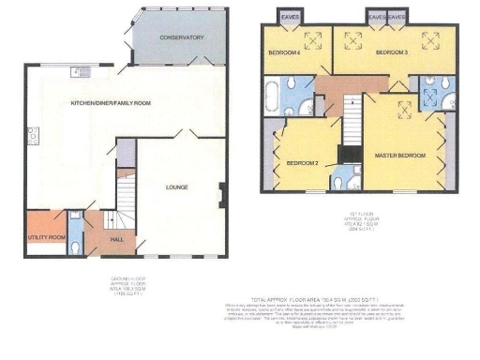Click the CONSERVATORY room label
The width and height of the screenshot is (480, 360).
pos(182,37)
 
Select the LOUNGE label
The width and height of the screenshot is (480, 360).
pos(177,187)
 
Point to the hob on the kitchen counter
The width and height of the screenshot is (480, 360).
pos(33,135)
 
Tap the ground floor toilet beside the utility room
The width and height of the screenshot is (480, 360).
pos(76,243)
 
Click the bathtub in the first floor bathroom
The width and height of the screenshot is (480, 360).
pos(273,96)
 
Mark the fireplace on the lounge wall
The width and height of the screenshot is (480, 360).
pos(221,196)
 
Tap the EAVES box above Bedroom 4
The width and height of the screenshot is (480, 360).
pos(286,15)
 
